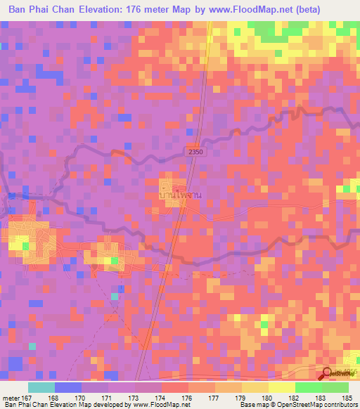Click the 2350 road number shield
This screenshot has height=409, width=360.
pos(197,151)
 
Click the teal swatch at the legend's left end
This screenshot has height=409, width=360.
pos(41,387)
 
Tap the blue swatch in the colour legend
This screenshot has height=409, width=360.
pos(67,387)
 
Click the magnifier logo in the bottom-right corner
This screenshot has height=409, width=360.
pos(328,375)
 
